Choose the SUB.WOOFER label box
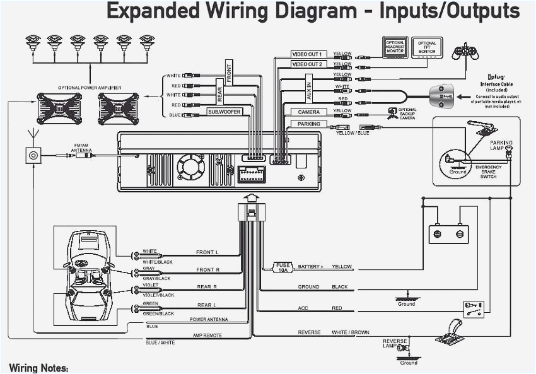225,112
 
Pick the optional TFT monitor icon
427,47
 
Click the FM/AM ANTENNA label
81,148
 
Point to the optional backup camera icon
392,114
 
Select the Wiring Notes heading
39,368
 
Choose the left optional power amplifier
59,108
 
